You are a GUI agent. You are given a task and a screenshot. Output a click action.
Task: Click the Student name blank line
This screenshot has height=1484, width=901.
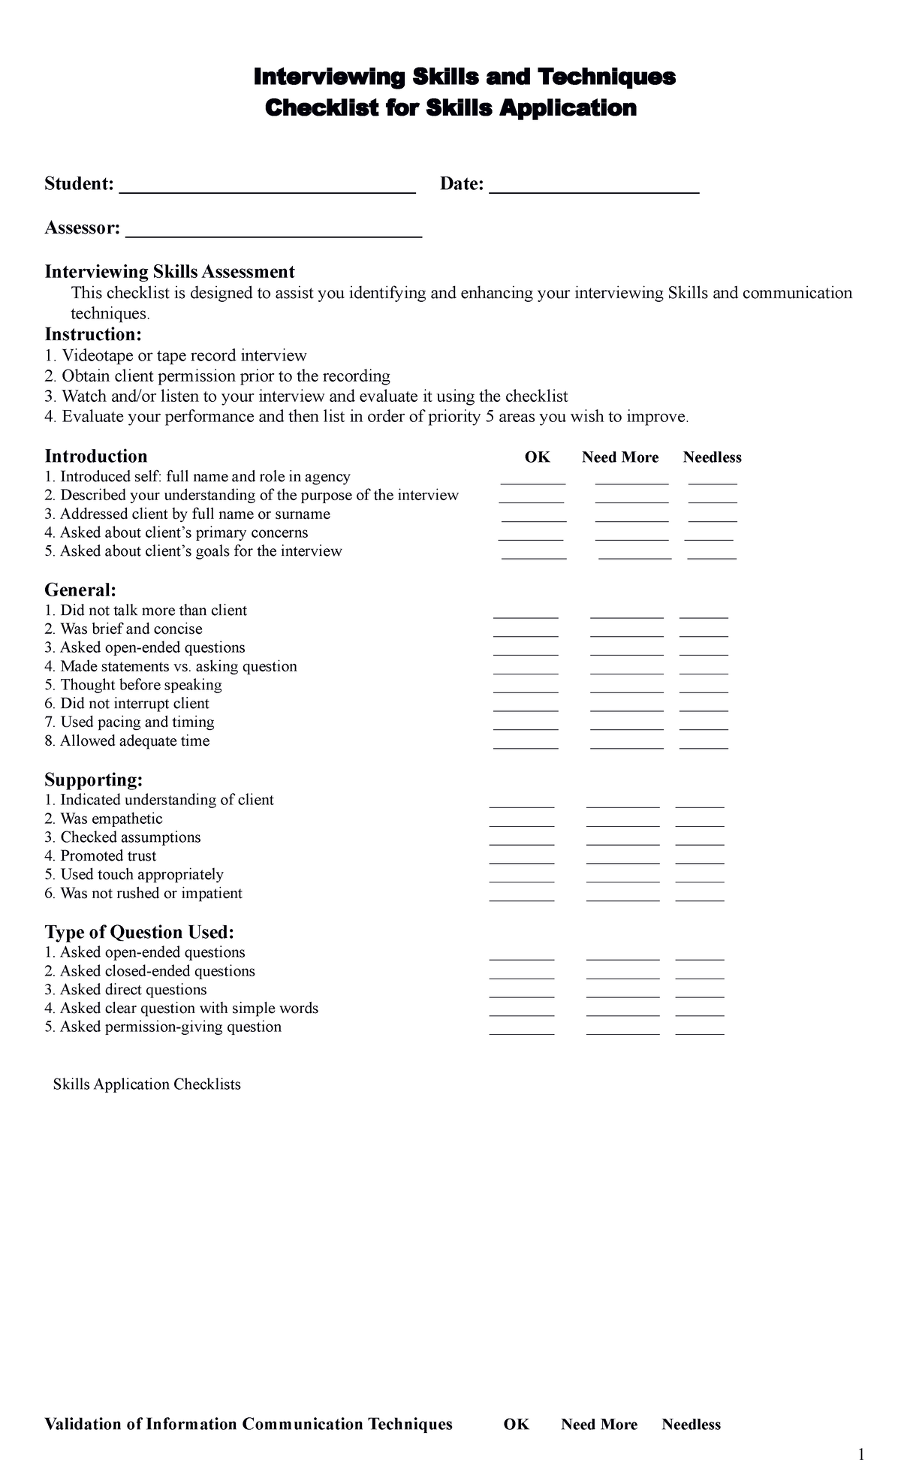(x=267, y=188)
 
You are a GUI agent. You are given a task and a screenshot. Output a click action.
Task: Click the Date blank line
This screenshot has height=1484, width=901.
(x=594, y=188)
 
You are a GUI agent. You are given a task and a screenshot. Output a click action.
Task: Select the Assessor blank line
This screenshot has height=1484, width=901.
(x=273, y=232)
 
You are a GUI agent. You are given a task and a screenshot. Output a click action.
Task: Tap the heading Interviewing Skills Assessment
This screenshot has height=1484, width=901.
(x=170, y=271)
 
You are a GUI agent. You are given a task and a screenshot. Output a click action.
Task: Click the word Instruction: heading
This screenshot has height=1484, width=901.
(x=93, y=333)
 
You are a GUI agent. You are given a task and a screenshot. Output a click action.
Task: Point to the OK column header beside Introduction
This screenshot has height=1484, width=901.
(x=537, y=457)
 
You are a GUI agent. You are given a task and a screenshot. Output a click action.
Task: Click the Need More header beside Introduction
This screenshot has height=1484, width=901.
(x=620, y=457)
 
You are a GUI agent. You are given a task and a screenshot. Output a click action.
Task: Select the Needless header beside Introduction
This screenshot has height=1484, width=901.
(x=712, y=457)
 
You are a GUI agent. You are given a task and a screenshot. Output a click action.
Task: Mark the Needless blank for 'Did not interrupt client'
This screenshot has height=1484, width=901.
(x=704, y=707)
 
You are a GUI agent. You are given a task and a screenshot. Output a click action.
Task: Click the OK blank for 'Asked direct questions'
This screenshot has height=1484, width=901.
(x=522, y=994)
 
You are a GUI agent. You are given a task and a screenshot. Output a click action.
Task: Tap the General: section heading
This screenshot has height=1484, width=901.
(x=80, y=590)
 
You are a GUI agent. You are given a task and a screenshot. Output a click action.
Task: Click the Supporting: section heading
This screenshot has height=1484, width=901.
(x=94, y=780)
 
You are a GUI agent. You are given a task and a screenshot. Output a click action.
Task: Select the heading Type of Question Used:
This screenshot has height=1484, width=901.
(x=140, y=932)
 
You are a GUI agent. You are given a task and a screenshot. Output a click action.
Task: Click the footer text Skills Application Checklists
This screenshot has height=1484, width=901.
(x=146, y=1084)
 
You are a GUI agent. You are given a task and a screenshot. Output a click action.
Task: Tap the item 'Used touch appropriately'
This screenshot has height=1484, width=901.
(x=141, y=874)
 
